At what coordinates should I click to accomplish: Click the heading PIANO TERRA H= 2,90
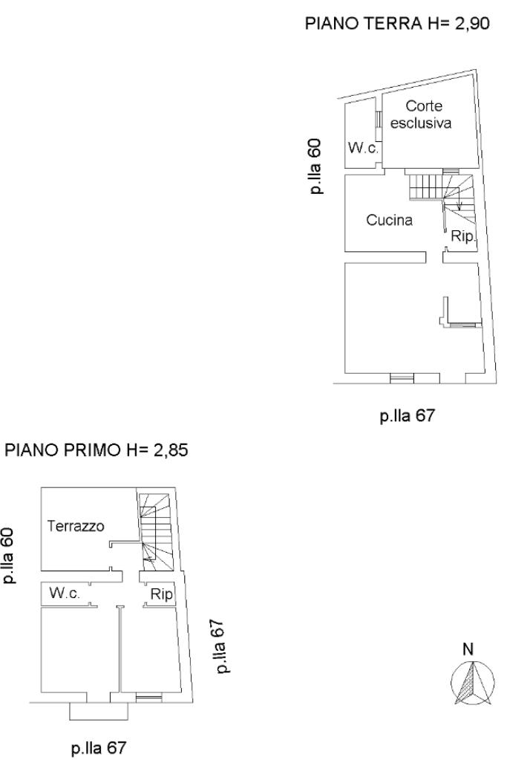397,23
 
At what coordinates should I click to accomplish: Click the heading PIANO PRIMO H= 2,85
96,450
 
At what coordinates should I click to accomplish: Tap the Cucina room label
389,220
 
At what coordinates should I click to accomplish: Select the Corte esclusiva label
421,114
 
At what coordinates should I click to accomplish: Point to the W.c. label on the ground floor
363,148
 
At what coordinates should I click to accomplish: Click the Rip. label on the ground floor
464,236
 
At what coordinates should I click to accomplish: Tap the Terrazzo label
76,526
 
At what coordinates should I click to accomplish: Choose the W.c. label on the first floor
65,593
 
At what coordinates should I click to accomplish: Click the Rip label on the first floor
161,594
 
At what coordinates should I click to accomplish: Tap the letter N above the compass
468,649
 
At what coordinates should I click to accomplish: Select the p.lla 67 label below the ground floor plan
408,416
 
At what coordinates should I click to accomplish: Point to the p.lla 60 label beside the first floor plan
9,556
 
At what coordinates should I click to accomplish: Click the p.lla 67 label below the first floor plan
99,748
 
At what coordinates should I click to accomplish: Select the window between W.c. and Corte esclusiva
379,120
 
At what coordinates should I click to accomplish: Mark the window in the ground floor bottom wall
402,378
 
